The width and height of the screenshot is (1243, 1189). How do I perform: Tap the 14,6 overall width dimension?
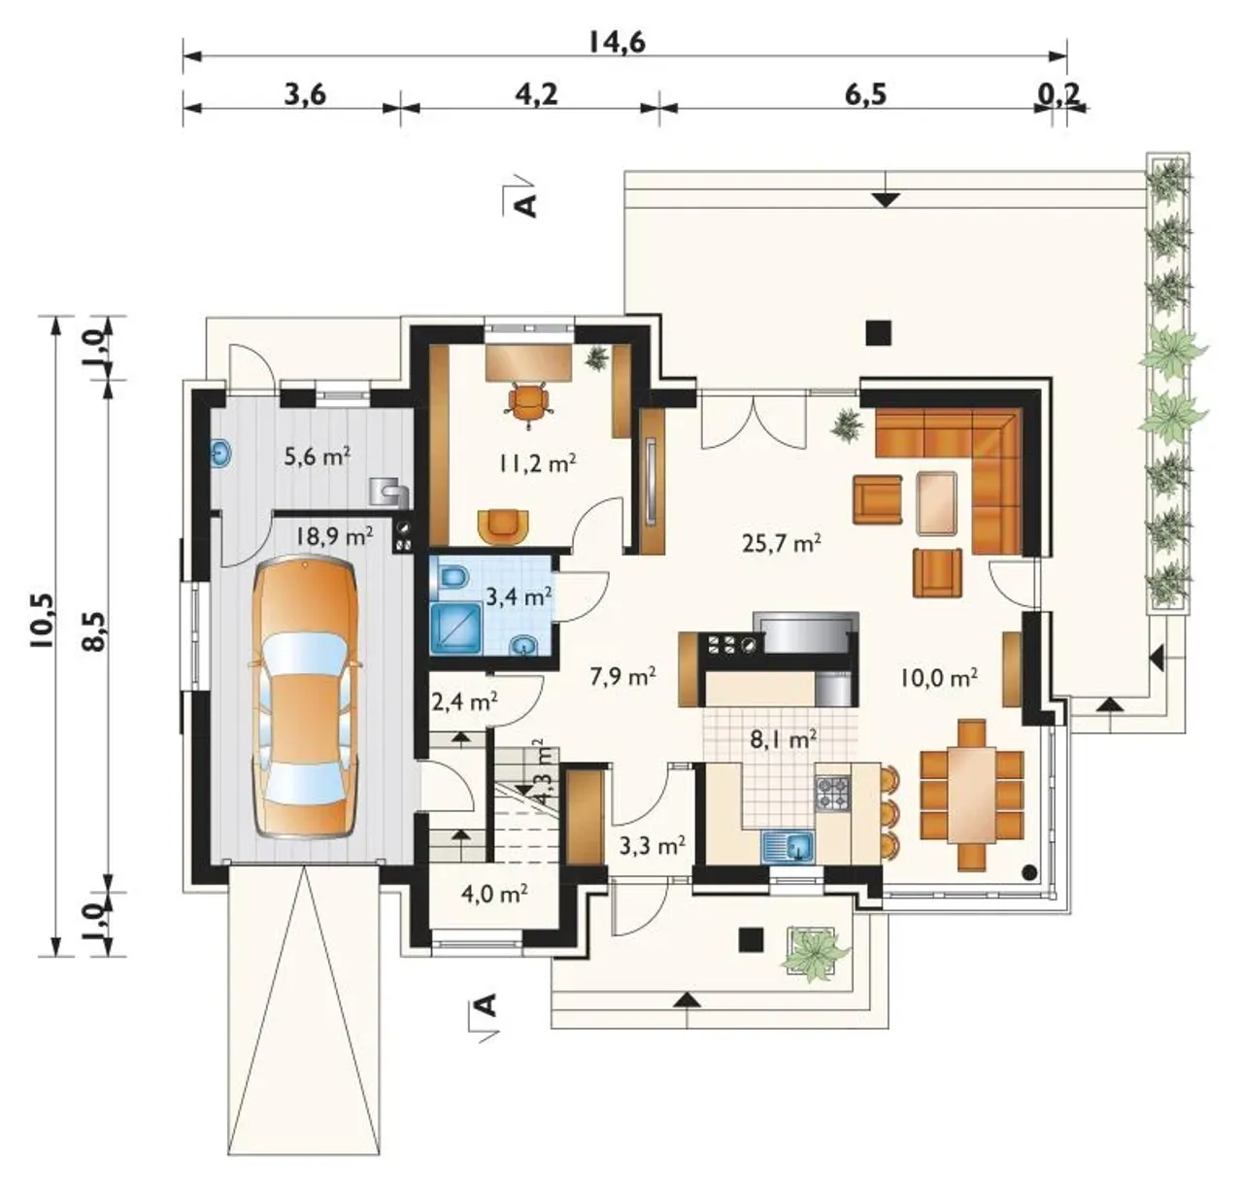(617, 42)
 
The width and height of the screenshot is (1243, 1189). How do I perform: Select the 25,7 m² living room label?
(781, 543)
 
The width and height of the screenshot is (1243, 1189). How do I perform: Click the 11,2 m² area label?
(537, 462)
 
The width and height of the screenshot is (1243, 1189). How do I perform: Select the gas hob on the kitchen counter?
(832, 793)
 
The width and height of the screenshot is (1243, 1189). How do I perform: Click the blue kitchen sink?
(788, 848)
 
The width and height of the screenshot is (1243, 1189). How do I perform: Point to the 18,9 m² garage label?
(333, 535)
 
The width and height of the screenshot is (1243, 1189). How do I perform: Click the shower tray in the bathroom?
(456, 628)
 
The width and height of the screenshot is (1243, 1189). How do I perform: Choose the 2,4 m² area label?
(465, 702)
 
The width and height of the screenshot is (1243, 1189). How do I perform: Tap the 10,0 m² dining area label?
(939, 677)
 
